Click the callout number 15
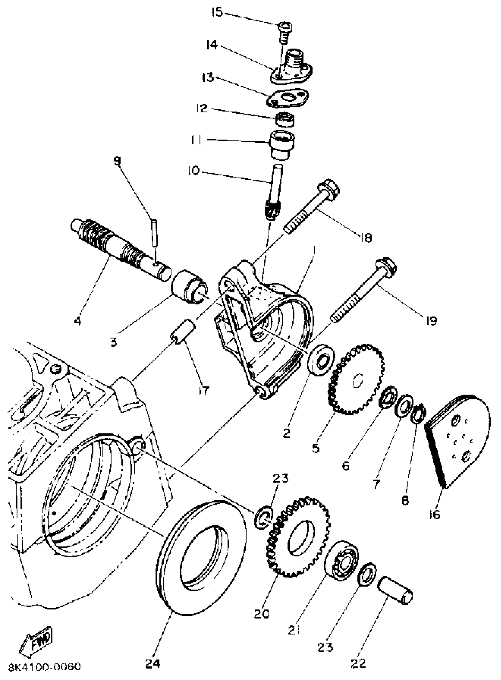tap(217, 12)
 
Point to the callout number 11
tap(196, 140)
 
